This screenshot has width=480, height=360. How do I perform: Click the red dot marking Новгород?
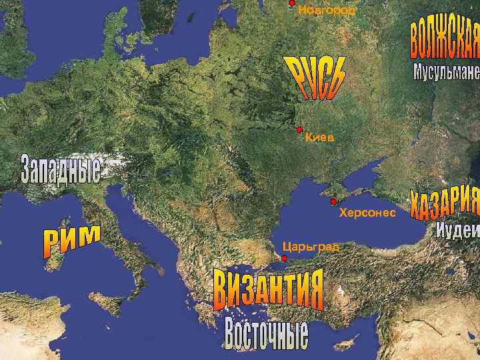(291, 3)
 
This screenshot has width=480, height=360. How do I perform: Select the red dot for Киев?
(299, 129)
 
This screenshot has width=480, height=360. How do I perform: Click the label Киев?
(319, 138)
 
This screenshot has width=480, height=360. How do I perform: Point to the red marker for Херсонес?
(333, 201)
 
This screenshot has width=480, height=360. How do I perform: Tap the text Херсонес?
(367, 213)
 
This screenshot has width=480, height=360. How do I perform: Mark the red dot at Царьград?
(284, 258)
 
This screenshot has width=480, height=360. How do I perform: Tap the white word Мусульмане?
(446, 71)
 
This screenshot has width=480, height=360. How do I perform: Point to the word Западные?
(61, 170)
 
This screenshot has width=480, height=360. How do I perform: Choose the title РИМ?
(73, 241)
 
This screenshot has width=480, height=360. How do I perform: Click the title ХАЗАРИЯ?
(445, 202)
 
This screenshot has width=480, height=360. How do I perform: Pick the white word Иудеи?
(458, 230)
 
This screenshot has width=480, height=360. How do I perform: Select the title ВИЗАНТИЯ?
(269, 290)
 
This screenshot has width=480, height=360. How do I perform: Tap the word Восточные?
(266, 337)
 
